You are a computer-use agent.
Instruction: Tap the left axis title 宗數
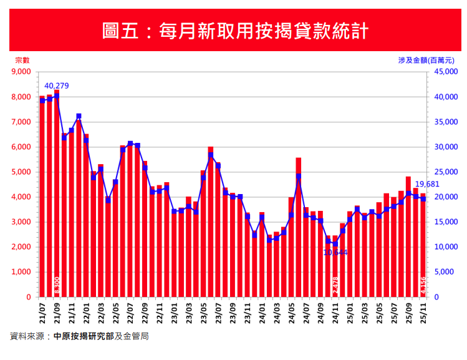click(x=22, y=60)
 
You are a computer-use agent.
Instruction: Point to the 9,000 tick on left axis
click(x=21, y=72)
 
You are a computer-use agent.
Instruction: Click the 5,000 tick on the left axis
click(x=21, y=172)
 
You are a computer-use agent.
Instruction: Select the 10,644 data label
click(x=335, y=253)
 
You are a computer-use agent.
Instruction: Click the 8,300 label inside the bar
click(x=57, y=285)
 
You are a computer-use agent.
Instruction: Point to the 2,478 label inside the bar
click(x=335, y=285)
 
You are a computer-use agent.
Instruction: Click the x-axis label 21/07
click(x=42, y=311)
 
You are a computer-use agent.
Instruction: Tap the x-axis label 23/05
click(x=203, y=311)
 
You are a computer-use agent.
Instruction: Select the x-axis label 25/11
click(x=423, y=311)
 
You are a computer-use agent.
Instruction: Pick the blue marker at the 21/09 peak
click(x=57, y=96)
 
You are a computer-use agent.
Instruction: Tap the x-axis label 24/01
click(x=262, y=311)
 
